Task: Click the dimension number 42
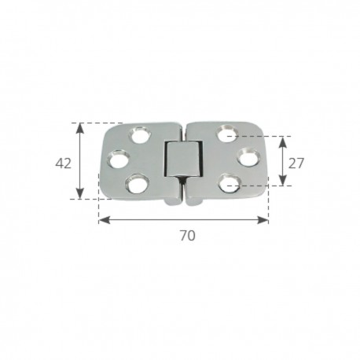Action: point(64,163)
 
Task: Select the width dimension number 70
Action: point(186,235)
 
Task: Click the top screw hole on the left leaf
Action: point(143,132)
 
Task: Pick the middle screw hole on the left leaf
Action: point(120,160)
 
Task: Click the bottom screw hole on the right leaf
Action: point(230,184)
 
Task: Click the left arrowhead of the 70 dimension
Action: point(103,219)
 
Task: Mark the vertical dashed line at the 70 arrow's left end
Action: point(98,206)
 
